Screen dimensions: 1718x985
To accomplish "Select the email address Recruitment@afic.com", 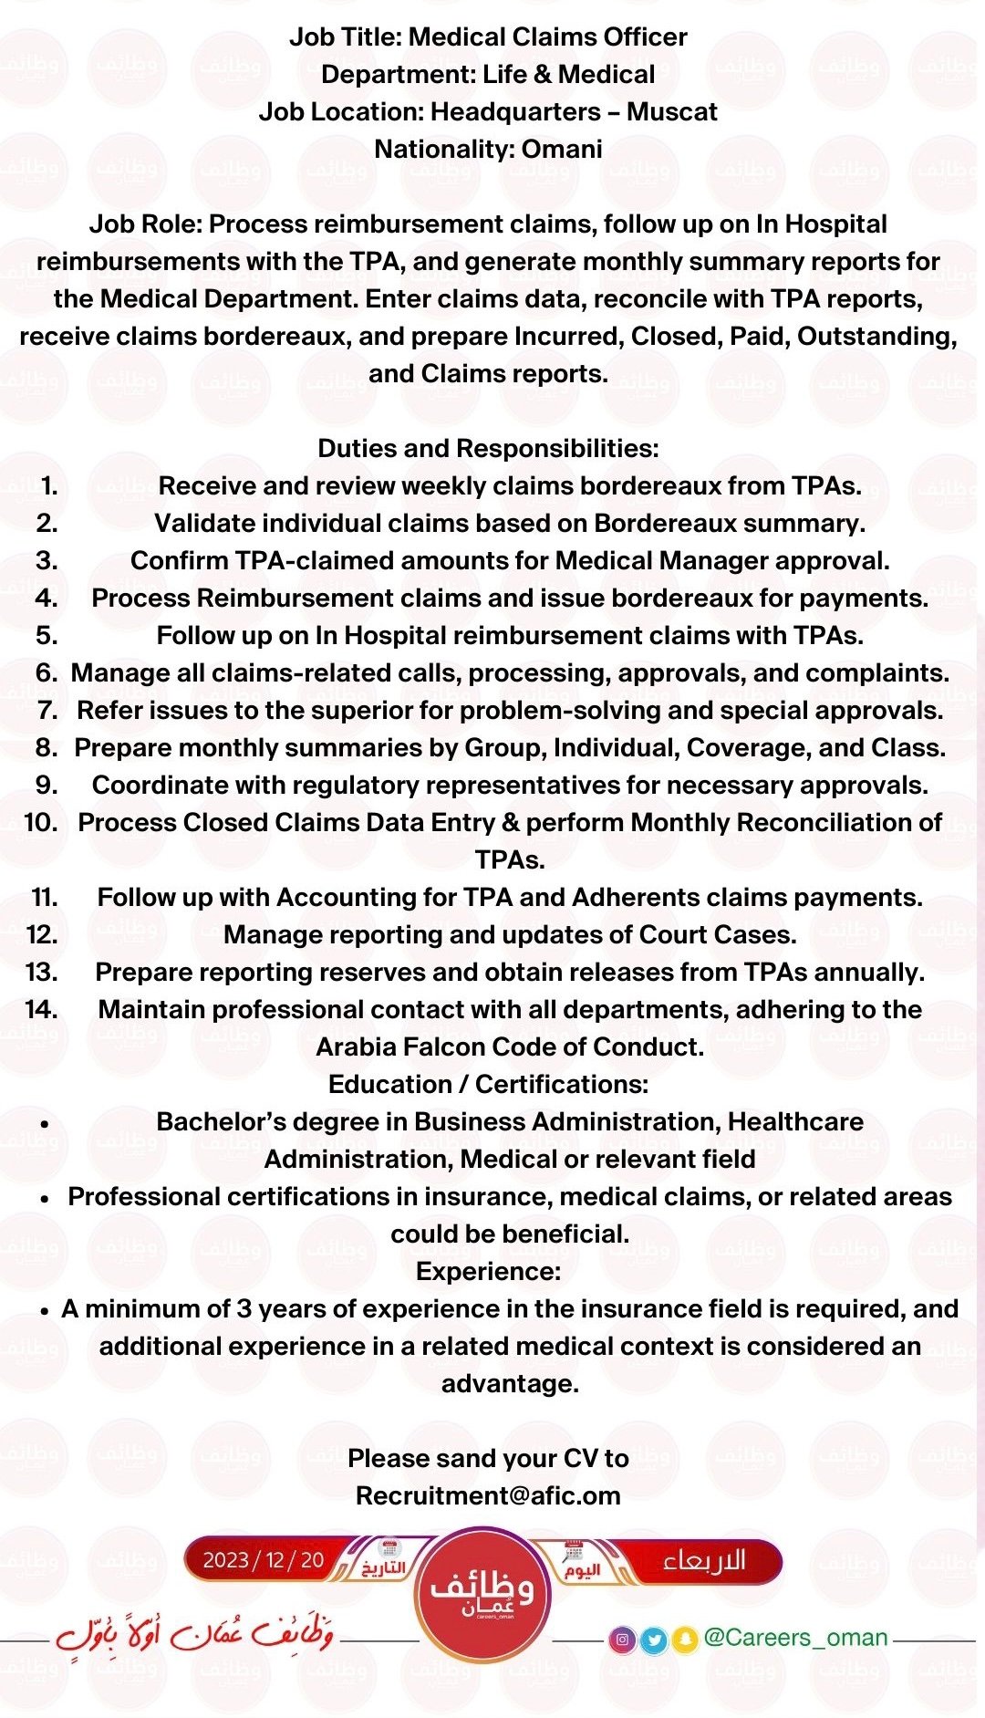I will pos(488,1496).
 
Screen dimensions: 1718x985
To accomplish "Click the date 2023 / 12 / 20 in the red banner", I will pos(263,1560).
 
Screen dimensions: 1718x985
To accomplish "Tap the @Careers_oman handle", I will pos(795,1638).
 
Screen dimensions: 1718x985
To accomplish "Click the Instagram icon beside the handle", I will pos(623,1640).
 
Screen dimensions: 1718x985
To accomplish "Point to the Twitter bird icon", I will pos(653,1640).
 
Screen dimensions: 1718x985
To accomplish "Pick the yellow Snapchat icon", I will pos(684,1640).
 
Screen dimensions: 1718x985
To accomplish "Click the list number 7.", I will pos(47,711).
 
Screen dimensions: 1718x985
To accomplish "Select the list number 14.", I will pos(41,1010).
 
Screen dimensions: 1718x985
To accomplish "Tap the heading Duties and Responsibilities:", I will pos(488,449).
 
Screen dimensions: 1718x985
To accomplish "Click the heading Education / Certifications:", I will pos(488,1085).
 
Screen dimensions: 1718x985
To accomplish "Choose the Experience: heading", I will pos(488,1272).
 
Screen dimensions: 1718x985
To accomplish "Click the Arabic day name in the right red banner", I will pos(704,1560).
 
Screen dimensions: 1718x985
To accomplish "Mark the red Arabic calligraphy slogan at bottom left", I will pos(194,1633).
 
